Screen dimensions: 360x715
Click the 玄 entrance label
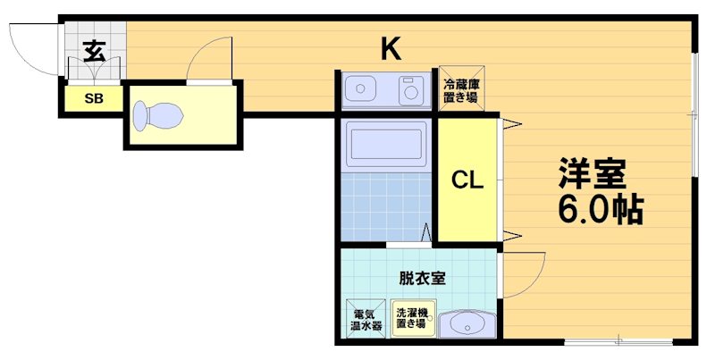pyautogui.click(x=96, y=51)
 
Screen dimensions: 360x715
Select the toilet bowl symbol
pyautogui.click(x=156, y=114)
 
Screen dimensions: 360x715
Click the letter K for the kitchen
pyautogui.click(x=390, y=48)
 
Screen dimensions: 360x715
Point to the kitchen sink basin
pyautogui.click(x=363, y=89)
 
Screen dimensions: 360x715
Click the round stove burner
pyautogui.click(x=410, y=90)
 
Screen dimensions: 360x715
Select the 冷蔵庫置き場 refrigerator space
pyautogui.click(x=460, y=89)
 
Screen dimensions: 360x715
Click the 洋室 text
pyautogui.click(x=592, y=172)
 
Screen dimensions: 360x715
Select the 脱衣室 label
pyautogui.click(x=422, y=277)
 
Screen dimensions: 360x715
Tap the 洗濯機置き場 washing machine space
pyautogui.click(x=412, y=319)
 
